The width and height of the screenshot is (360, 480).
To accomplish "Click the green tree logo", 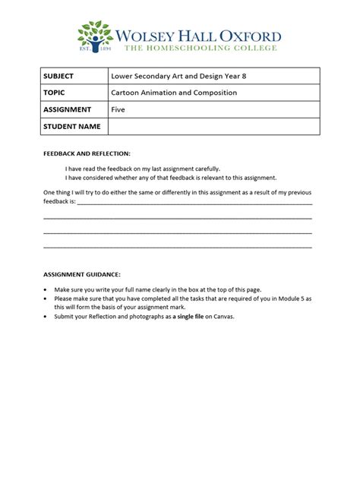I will point(96,36).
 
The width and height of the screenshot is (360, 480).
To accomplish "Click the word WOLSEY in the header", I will point(147,35).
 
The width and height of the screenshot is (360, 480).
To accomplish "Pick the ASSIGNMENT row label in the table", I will point(68,109).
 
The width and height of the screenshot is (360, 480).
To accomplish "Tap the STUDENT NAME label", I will point(72,126).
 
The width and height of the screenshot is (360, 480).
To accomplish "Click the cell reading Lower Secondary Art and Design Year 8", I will point(166,76).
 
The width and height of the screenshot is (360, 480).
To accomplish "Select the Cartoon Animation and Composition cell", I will point(174,93).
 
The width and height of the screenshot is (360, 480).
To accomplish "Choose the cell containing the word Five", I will point(118,109).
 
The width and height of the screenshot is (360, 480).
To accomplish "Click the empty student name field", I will point(213,126).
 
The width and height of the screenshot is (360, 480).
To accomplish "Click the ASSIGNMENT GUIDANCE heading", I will point(82,273).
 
